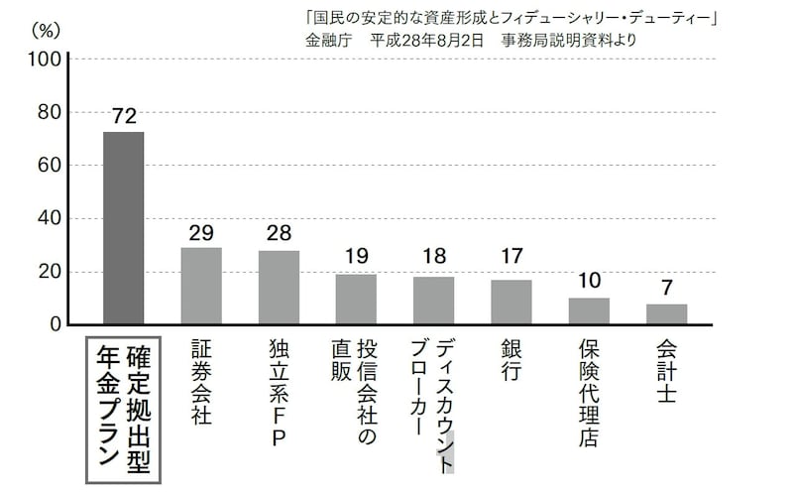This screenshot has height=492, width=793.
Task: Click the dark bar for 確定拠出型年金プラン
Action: (x=124, y=228)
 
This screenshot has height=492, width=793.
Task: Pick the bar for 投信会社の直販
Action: (x=356, y=299)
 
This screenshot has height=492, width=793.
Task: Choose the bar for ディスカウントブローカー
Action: (x=433, y=301)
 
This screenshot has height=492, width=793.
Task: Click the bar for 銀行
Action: (x=511, y=302)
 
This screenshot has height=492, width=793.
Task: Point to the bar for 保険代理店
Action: (x=589, y=310)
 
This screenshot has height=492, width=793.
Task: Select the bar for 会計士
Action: (x=666, y=314)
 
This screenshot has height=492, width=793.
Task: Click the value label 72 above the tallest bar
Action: (x=124, y=116)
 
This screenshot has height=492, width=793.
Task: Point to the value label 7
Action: (x=666, y=289)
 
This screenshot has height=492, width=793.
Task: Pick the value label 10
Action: (x=589, y=282)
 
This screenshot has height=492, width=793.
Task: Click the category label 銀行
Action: (x=511, y=367)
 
